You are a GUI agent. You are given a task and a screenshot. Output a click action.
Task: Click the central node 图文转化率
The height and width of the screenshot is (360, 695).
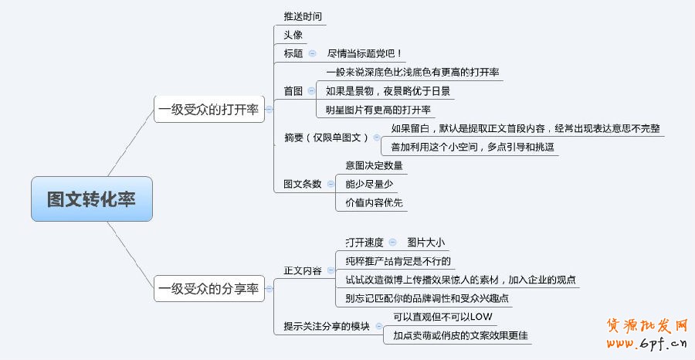92,199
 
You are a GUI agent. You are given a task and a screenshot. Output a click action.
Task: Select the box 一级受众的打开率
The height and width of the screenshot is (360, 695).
209,109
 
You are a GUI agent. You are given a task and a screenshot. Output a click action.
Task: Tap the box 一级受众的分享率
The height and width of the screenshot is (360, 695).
209,289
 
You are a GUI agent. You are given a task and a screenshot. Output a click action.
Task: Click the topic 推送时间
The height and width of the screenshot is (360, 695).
303,16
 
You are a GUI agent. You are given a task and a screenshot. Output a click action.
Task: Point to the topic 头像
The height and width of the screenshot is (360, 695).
293,35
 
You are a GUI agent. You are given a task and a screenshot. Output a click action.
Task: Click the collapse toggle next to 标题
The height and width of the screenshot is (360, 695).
313,53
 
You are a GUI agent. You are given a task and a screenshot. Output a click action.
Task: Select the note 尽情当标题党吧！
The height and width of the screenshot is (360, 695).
364,53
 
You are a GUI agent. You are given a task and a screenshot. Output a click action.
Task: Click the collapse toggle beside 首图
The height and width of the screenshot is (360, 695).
312,91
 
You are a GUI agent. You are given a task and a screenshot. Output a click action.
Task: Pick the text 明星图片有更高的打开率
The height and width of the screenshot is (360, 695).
378,110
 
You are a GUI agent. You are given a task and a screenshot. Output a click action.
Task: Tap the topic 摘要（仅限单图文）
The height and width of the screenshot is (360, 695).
326,138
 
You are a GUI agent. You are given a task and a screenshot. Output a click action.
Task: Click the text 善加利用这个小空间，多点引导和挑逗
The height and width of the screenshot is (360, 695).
473,147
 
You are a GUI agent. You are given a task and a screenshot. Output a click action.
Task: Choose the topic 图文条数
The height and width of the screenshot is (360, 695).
302,184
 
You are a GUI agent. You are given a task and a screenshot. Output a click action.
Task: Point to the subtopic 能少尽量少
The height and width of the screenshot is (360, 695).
369,184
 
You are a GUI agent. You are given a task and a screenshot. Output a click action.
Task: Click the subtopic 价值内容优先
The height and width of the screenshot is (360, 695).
374,202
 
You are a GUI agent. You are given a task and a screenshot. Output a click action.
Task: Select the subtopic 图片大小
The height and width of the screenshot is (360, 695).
426,243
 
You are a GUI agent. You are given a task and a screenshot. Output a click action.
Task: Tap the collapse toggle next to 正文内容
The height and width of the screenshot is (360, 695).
331,270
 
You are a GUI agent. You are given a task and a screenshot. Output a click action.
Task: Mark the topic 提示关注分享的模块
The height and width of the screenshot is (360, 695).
327,326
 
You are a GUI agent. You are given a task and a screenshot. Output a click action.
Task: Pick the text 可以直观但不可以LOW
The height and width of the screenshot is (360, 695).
442,317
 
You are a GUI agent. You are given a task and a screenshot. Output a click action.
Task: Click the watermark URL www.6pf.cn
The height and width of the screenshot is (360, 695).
647,343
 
